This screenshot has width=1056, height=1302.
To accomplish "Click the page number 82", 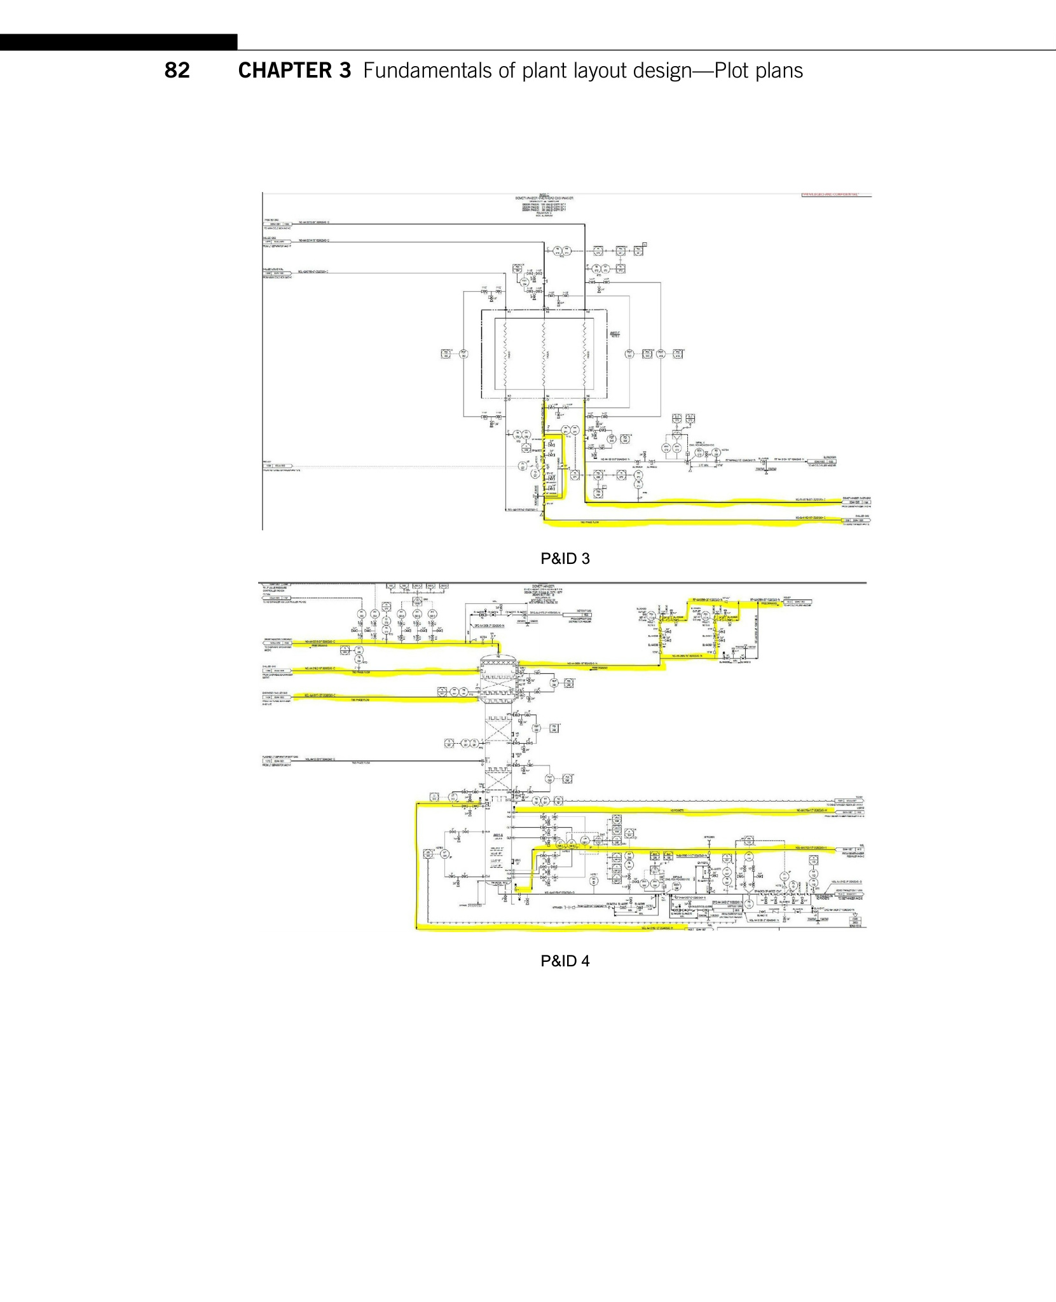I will point(177,71).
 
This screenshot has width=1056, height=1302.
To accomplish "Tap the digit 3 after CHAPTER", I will point(345,71).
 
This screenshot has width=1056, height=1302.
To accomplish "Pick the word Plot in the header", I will point(733,71).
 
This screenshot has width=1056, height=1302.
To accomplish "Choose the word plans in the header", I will point(781,71).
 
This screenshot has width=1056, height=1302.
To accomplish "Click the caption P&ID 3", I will point(565,559).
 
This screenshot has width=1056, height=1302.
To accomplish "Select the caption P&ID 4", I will point(565,961).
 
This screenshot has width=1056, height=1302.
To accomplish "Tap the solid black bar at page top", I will point(118,42).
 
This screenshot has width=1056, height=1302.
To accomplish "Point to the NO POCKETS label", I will point(676,811).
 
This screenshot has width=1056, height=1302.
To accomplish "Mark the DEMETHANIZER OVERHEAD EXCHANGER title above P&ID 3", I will point(544,198).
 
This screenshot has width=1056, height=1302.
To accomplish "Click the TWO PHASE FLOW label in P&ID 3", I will point(589,523).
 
